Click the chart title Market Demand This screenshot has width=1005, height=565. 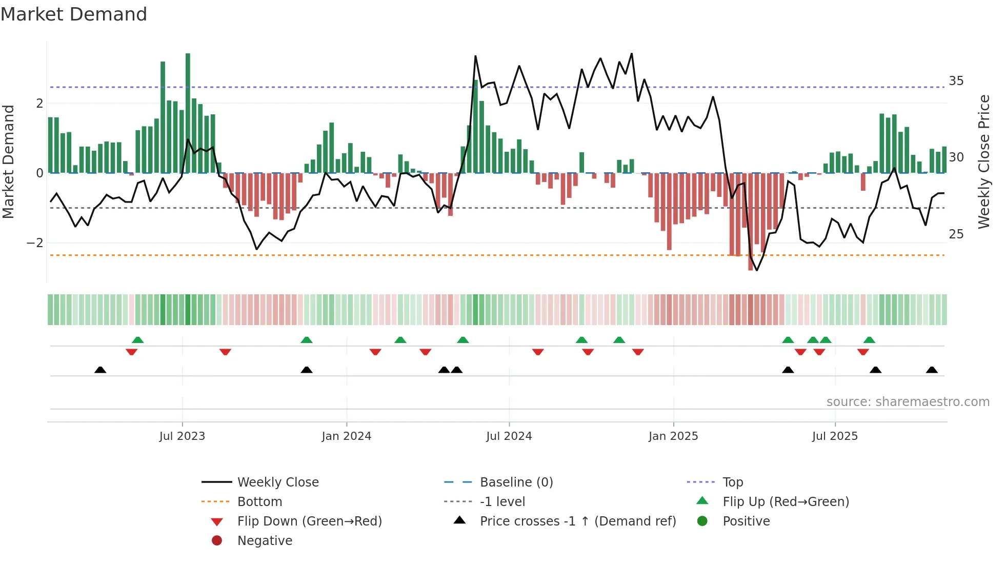point(74,14)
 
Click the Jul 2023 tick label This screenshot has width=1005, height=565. point(182,436)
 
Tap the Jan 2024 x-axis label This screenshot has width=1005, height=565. point(346,436)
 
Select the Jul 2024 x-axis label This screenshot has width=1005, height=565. point(509,436)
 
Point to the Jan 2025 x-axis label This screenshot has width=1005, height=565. point(673,436)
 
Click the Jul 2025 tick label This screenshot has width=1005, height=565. point(835,436)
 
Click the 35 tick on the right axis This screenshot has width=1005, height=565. point(956,81)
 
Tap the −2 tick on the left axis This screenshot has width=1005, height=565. point(35,243)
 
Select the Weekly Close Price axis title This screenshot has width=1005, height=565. point(983,162)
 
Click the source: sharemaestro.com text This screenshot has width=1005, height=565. point(908,402)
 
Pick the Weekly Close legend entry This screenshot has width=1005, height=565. point(277,482)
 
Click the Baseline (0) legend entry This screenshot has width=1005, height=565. point(516,482)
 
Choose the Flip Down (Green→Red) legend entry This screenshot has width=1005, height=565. point(309,521)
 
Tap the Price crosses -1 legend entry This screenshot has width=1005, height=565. point(577,521)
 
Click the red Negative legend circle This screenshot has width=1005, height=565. point(217,541)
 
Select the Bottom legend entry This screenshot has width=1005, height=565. point(259,502)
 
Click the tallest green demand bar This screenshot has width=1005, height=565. point(188,113)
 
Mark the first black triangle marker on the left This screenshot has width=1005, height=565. point(100,370)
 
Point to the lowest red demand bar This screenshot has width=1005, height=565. point(751,221)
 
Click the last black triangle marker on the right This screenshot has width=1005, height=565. point(932,370)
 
